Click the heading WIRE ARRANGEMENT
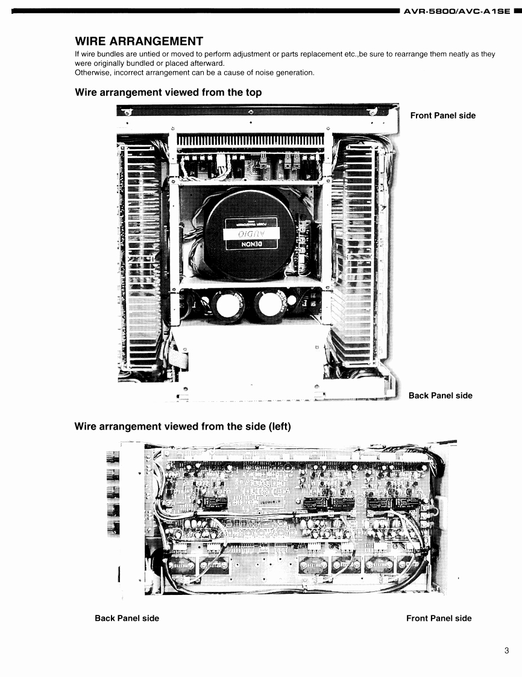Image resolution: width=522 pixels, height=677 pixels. [x=138, y=41]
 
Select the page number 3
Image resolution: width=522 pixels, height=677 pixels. [x=507, y=650]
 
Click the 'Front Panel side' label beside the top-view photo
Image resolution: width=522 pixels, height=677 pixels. [x=442, y=115]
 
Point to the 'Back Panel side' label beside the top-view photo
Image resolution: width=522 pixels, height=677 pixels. [x=440, y=396]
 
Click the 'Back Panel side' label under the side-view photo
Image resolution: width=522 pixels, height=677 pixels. [x=127, y=618]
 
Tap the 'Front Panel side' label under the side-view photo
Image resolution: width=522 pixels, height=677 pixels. [x=439, y=618]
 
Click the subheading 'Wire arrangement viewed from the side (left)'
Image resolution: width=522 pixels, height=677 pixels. [x=182, y=427]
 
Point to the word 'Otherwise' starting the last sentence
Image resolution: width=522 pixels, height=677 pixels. [x=91, y=73]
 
